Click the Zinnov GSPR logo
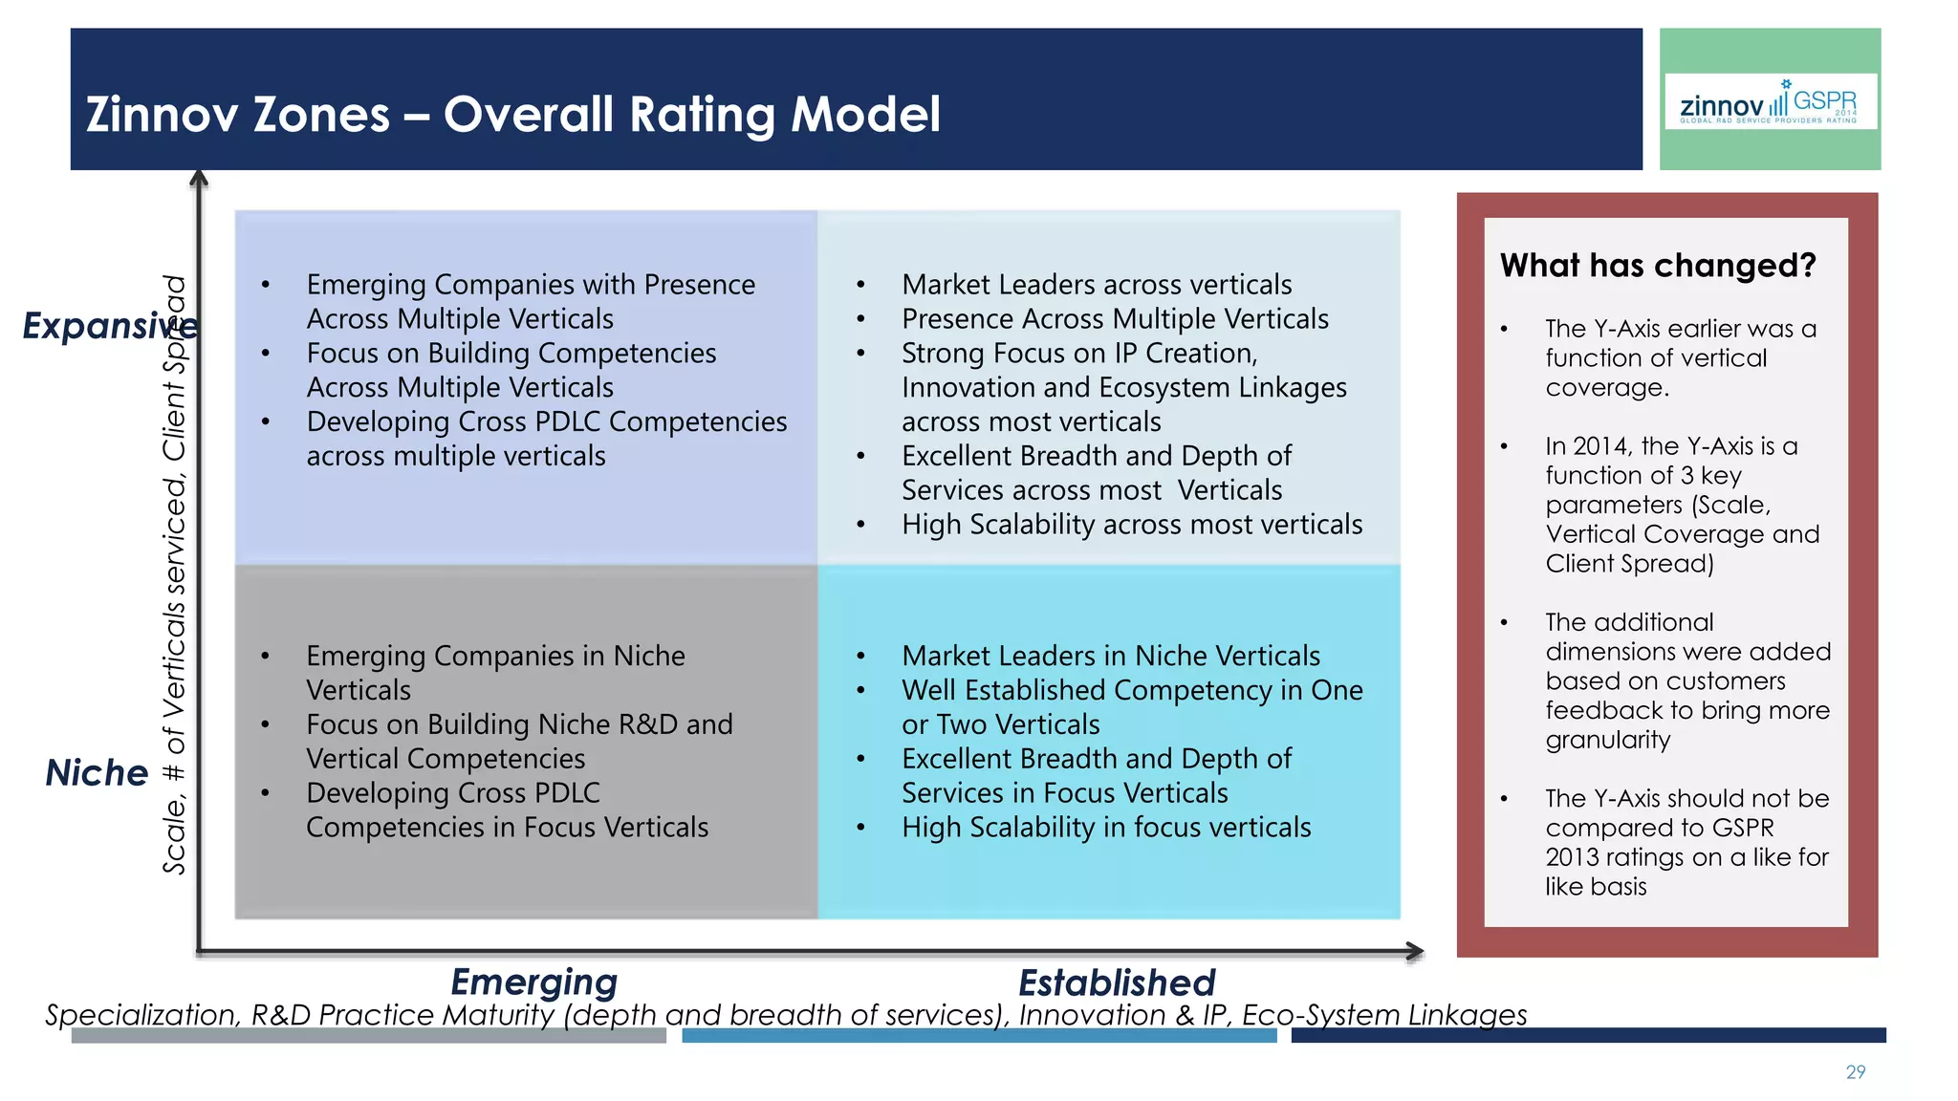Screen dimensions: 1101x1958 tap(1770, 101)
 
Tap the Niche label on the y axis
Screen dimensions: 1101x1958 tap(97, 772)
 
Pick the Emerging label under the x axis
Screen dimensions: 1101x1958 tap(533, 982)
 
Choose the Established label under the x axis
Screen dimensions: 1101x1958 tap(1116, 982)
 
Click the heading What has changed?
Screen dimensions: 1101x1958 tap(1657, 265)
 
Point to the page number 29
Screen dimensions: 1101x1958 tap(1855, 1072)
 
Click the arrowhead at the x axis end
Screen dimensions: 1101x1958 tap(1416, 951)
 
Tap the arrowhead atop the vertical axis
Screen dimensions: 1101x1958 tap(199, 179)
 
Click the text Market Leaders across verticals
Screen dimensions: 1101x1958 tap(1096, 285)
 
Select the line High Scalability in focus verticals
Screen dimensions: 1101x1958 tap(1105, 828)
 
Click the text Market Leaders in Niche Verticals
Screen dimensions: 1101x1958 tap(1110, 657)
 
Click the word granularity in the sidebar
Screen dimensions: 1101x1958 tap(1607, 740)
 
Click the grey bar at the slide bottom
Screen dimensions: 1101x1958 tap(368, 1036)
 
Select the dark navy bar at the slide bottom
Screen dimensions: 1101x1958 tap(1587, 1036)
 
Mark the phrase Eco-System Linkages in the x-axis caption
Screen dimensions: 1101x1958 tap(1383, 1015)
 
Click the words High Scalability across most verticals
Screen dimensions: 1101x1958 tap(1131, 525)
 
